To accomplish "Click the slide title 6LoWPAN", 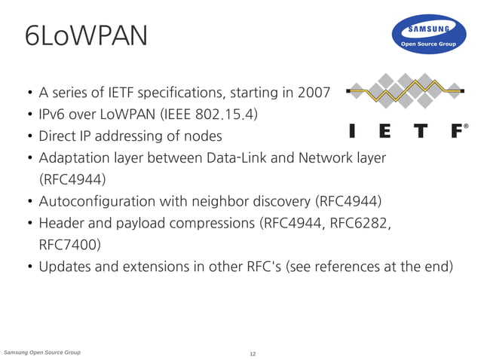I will point(86,35).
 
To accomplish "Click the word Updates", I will point(66,267).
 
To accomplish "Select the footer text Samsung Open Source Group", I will point(43,352).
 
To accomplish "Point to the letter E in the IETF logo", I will point(385,131).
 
